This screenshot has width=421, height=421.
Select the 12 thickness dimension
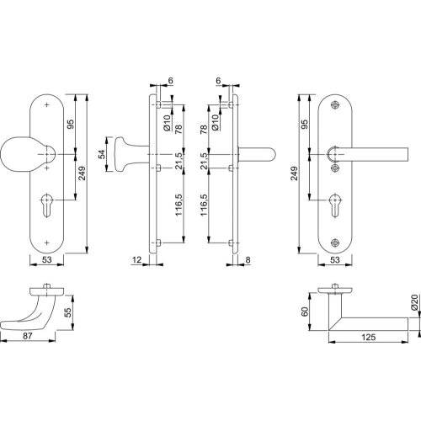click(136, 261)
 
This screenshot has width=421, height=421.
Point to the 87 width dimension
click(27, 337)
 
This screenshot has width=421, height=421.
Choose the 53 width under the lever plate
click(335, 261)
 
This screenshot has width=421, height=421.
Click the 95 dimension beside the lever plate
click(304, 125)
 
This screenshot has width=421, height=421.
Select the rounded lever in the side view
click(257, 157)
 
